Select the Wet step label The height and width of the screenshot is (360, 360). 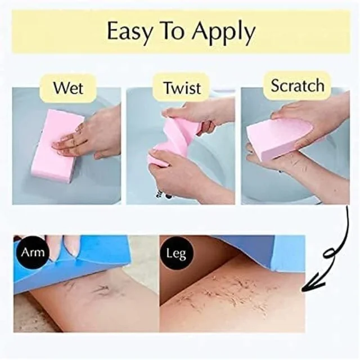68,88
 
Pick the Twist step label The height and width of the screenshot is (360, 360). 182,88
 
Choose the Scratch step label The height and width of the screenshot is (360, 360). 298,85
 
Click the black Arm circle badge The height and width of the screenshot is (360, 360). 33,253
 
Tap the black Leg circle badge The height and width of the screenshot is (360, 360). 176,253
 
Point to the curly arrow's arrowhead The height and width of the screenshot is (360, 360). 313,284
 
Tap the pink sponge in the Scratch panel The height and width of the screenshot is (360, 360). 279,138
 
